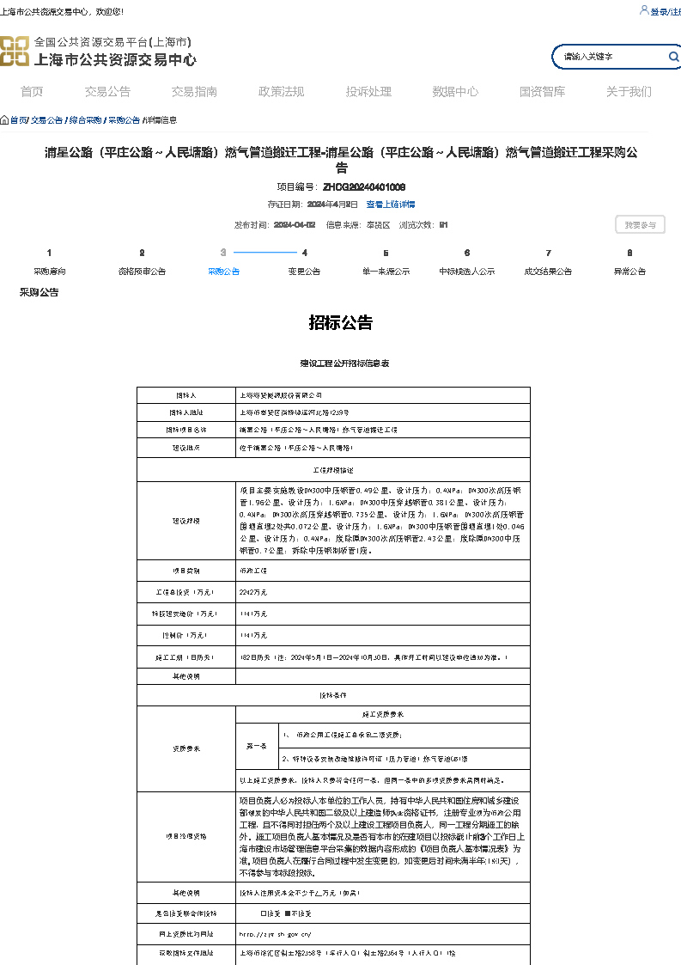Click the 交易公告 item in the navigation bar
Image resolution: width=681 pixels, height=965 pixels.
pos(107,92)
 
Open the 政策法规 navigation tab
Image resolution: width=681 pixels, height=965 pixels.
pos(281,92)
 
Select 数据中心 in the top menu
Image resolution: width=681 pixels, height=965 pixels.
pos(455,92)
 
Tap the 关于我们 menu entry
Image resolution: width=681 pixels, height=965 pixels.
pos(629,92)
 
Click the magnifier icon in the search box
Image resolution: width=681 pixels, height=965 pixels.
pos(674,57)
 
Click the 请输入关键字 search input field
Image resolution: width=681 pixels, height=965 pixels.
pos(610,57)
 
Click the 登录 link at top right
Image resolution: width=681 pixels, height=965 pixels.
pos(659,11)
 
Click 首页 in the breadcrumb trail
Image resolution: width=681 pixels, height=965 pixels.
pos(18,120)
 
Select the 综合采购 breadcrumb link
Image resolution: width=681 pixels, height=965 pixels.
pos(85,120)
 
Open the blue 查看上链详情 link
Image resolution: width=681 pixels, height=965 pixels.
pos(391,205)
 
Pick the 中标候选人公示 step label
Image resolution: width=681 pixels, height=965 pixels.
pos(467,271)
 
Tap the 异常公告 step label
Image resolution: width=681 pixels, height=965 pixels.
pos(629,271)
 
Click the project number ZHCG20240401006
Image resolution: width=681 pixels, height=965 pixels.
pos(364,186)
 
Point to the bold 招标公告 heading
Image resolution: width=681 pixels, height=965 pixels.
pos(341,323)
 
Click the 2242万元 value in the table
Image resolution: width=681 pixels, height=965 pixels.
pos(253,592)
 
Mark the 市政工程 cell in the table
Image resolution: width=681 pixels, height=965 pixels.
pos(252,571)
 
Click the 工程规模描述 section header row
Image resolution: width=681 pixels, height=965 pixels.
pos(333,470)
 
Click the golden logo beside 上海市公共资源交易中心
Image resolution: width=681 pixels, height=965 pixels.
pos(15,51)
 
